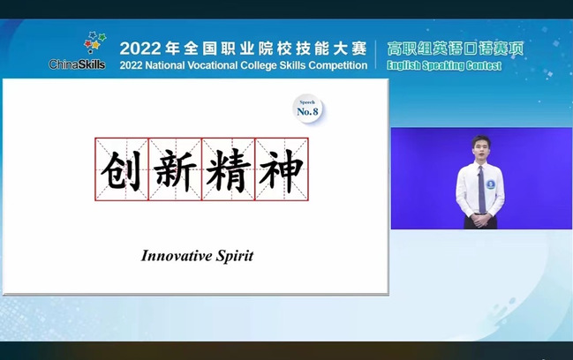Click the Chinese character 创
point(122,170)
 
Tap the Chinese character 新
point(175,170)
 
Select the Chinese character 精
point(229,170)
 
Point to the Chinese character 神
point(282,170)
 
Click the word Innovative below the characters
point(177,256)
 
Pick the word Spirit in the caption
point(235,256)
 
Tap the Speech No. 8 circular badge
point(308,109)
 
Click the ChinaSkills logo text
point(77,64)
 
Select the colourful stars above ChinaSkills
point(94,41)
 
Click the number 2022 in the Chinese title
point(140,49)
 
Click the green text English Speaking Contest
point(444,65)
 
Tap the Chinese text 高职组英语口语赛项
point(456,49)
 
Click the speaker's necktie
point(482,189)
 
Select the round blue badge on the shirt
point(490,184)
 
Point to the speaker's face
point(479,148)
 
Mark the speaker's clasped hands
point(481,221)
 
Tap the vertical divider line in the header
point(377,56)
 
